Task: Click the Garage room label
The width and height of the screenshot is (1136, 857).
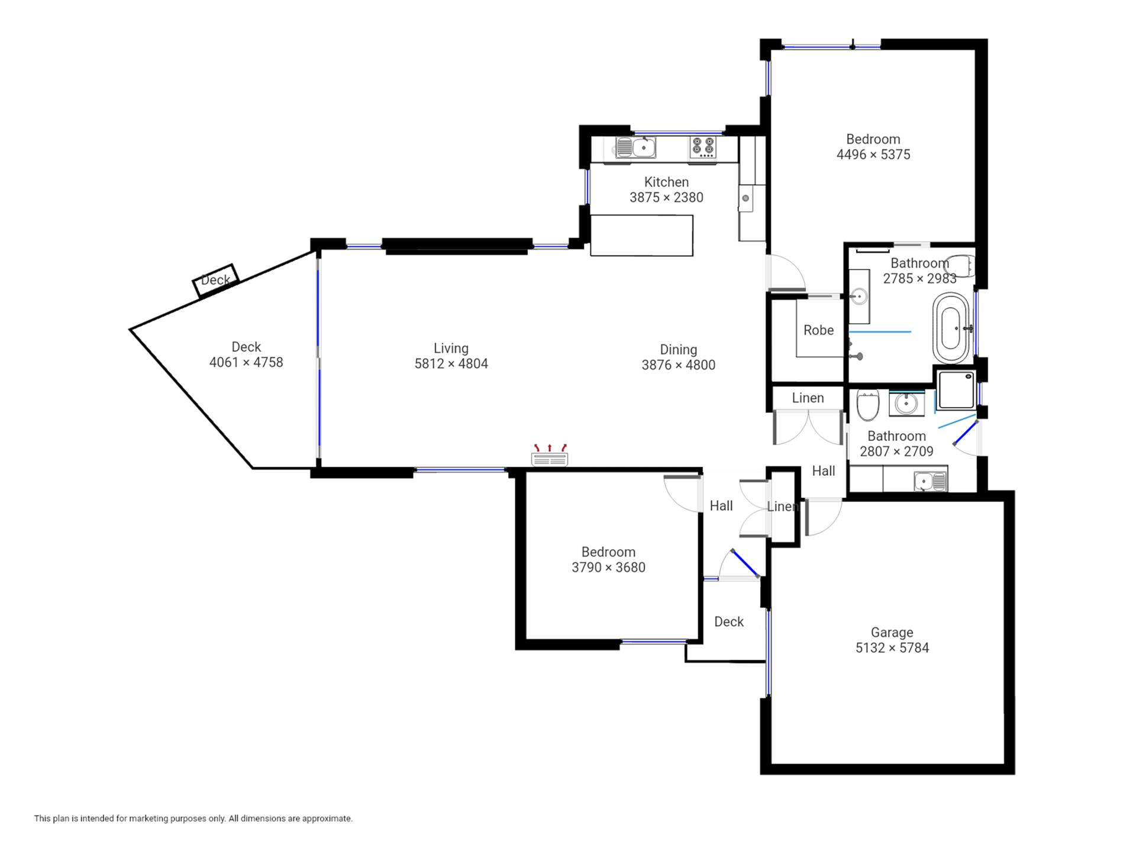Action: (x=892, y=633)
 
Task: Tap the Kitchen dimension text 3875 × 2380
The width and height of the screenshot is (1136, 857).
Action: (x=666, y=198)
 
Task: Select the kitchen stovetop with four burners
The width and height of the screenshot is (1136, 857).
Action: (x=703, y=147)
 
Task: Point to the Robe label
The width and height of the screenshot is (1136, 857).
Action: (x=818, y=330)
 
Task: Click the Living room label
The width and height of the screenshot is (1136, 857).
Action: (x=451, y=349)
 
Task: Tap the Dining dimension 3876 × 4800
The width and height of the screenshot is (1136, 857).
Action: (x=679, y=365)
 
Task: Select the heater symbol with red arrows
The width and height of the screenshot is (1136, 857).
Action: (x=550, y=455)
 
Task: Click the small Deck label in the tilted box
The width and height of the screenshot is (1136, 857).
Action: (x=215, y=280)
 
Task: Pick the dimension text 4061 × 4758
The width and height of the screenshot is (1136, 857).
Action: (x=246, y=362)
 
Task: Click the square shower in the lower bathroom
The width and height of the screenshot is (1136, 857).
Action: (x=956, y=389)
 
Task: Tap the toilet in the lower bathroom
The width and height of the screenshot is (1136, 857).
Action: (x=868, y=405)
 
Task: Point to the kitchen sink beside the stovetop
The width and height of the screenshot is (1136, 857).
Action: (x=635, y=147)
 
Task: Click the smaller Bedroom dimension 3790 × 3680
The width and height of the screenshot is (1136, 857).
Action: (x=608, y=568)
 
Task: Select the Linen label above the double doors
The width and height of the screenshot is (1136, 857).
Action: (x=808, y=398)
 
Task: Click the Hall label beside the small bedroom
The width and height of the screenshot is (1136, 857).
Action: (x=721, y=506)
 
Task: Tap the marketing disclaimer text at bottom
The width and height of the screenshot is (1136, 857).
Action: (x=193, y=819)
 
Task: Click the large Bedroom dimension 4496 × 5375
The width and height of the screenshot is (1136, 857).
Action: (x=873, y=154)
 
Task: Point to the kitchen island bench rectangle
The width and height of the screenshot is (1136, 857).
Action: (x=641, y=236)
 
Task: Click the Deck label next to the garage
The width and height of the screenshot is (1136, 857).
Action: (x=729, y=622)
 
